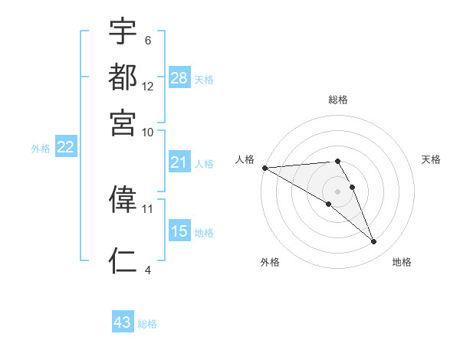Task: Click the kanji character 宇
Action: point(123,33)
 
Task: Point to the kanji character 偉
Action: point(123,198)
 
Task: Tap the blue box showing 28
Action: point(179,77)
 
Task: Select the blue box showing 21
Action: point(179,162)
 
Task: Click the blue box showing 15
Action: point(179,231)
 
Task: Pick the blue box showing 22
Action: point(65,147)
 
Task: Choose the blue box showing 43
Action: point(123,322)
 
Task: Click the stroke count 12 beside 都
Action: point(148,86)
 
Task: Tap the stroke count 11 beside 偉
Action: point(148,208)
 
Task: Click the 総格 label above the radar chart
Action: point(338,100)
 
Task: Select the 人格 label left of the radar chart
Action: point(245,159)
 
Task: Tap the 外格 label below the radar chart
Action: point(270,263)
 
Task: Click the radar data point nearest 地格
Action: point(374,242)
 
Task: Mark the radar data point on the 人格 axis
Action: point(264,168)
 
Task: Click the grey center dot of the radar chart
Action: point(338,191)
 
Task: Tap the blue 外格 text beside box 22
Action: point(41,148)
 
